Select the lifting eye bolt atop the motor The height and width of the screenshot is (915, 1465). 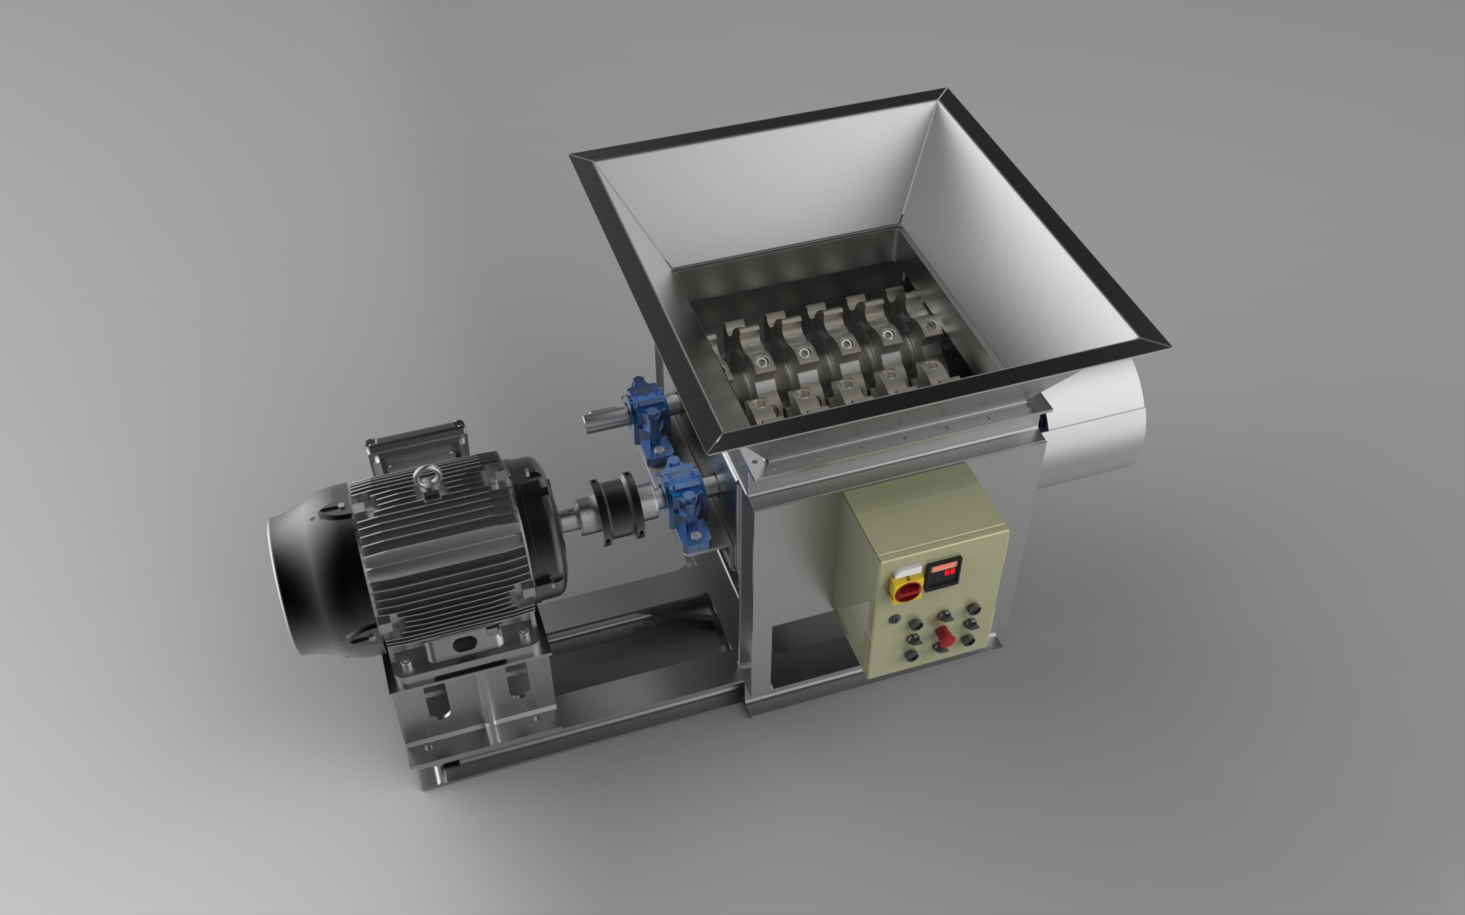point(421,479)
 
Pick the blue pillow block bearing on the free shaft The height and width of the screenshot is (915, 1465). point(650,419)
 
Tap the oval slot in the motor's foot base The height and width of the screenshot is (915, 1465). point(462,645)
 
